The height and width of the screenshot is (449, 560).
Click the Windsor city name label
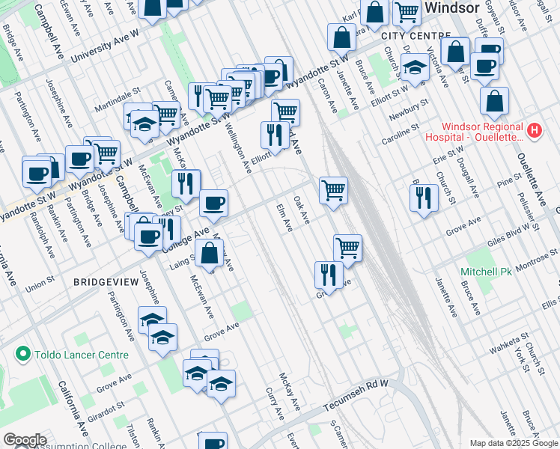[454, 8]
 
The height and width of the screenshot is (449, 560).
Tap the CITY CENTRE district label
[415, 36]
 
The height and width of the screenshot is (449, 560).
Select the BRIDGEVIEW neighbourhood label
[106, 282]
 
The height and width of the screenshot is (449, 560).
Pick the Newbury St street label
[409, 110]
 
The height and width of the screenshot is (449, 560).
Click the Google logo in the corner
[25, 440]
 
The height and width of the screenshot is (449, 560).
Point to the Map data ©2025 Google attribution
[512, 443]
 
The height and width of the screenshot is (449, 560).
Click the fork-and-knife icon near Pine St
[424, 198]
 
